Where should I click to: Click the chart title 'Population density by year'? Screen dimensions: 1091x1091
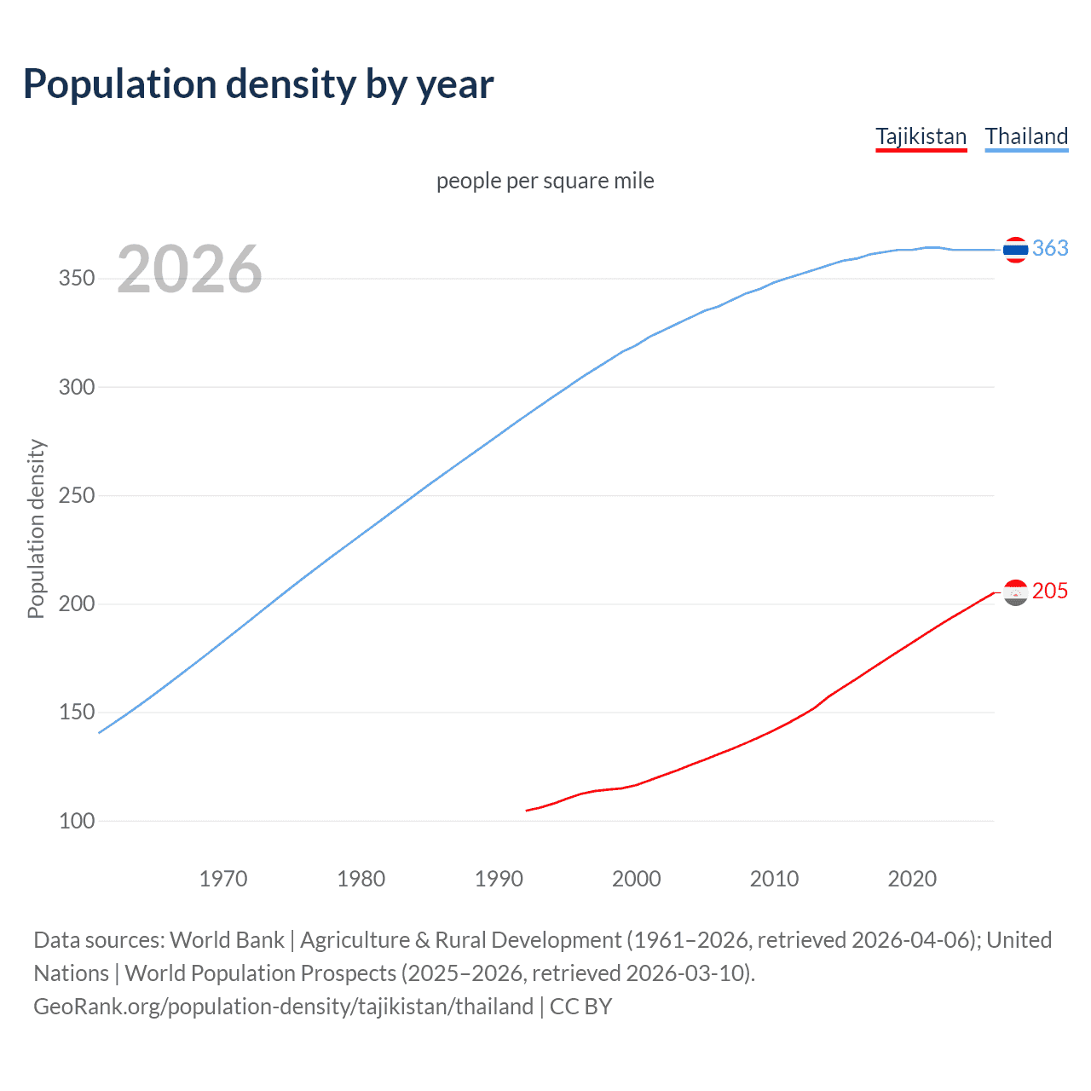(x=258, y=84)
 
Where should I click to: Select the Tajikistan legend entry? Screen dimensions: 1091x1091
(x=921, y=136)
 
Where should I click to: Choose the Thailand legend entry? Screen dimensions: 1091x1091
(x=1026, y=136)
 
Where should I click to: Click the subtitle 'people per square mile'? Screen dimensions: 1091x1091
(x=545, y=181)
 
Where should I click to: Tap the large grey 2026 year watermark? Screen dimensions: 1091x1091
(x=189, y=269)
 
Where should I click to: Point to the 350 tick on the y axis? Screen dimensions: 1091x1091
(x=77, y=279)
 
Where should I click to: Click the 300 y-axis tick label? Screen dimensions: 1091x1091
(x=77, y=387)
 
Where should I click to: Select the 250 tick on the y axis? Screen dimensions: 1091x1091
(x=77, y=495)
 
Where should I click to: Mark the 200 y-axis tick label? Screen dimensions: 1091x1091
(x=77, y=603)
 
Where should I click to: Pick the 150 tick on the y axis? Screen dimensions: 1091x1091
(x=77, y=712)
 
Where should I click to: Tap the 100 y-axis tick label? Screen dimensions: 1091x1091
(x=77, y=821)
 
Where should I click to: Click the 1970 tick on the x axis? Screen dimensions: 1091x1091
(x=223, y=879)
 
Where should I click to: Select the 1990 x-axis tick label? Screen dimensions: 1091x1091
(x=499, y=879)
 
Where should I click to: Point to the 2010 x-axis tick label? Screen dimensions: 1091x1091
(x=774, y=879)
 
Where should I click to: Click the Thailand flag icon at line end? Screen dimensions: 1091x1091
(x=1015, y=250)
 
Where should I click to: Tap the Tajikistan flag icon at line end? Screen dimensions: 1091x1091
(x=1015, y=592)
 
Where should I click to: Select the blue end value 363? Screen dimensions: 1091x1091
(x=1050, y=248)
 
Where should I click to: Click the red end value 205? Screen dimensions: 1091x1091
(x=1050, y=591)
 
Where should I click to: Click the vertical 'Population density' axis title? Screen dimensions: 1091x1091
(x=36, y=528)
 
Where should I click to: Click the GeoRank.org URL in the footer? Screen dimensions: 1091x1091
(x=284, y=1007)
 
